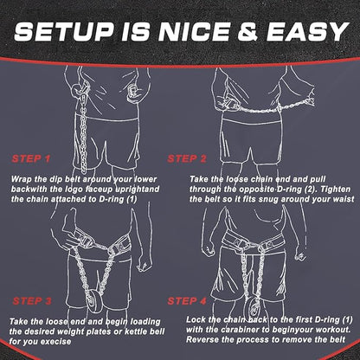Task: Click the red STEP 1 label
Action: pos(31,158)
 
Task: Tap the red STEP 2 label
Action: pos(187,158)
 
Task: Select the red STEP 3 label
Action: pos(32,301)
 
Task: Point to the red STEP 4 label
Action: pos(187,301)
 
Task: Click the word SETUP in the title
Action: pos(63,31)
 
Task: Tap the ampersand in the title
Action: pos(247,31)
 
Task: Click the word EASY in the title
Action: pos(307,31)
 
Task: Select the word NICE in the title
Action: pos(195,31)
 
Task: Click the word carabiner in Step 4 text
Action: pos(227,330)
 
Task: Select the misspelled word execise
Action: pos(55,342)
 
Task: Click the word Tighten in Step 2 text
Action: pos(336,190)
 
